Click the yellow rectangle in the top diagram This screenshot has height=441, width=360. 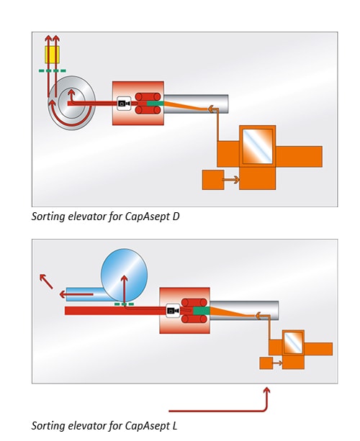point(52,55)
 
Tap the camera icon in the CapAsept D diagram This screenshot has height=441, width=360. point(124,104)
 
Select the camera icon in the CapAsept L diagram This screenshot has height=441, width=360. point(173,311)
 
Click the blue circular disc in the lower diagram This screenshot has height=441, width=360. point(124,274)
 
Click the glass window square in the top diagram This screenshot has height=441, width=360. point(258,146)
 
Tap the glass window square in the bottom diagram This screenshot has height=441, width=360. point(293,342)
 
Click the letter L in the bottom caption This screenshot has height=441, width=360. point(174,425)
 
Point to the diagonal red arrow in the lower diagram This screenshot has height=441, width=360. point(46,281)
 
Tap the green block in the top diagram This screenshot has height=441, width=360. point(155,104)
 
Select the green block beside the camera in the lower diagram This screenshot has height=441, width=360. point(202,311)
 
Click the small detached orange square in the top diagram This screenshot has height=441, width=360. point(213,179)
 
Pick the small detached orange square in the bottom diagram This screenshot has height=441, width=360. point(266,363)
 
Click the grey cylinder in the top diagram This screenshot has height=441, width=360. point(196,104)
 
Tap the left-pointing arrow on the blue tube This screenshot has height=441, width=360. point(76,294)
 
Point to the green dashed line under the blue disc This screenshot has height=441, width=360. point(124,304)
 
